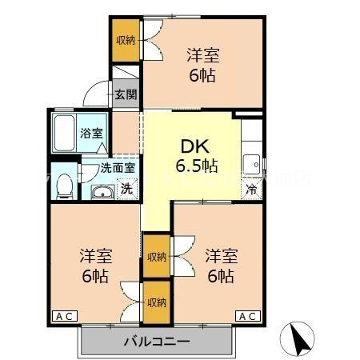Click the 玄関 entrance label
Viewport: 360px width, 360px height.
125,94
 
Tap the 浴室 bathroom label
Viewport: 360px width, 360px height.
92,133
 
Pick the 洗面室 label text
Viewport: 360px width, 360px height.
116,169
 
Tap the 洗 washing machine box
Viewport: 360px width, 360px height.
126,190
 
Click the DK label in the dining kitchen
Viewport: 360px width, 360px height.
191,146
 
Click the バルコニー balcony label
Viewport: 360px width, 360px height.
156,342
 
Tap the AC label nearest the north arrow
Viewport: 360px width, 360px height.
248,316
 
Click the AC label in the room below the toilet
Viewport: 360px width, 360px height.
65,316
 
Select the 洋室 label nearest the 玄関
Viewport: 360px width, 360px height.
203,55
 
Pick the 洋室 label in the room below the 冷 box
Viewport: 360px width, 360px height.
221,256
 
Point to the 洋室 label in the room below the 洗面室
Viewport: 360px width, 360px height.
95,256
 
